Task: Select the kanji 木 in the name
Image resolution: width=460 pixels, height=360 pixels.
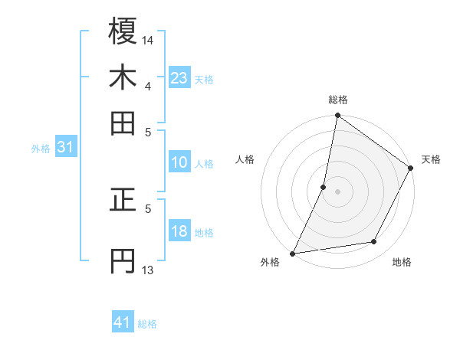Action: coord(123,78)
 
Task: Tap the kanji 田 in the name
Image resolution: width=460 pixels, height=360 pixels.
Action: coord(123,123)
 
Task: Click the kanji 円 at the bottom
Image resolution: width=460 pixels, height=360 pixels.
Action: coord(123,261)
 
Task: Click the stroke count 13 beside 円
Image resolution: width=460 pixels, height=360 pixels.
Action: coord(148,270)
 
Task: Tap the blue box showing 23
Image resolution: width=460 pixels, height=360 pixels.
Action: coord(179,78)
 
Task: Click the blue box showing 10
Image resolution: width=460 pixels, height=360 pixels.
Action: coord(179,162)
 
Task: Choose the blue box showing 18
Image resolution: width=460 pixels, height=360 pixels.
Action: coord(179,231)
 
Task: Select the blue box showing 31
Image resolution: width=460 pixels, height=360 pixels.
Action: coord(65,148)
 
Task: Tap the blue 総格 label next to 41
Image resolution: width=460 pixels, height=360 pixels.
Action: coord(147,324)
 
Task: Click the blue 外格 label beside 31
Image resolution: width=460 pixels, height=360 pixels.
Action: coord(41,149)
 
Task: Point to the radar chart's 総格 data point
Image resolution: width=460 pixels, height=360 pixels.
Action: coord(337,116)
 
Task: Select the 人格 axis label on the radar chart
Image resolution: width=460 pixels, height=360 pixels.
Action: coord(245,159)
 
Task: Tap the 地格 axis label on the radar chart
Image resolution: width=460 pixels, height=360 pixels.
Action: coord(402,262)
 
